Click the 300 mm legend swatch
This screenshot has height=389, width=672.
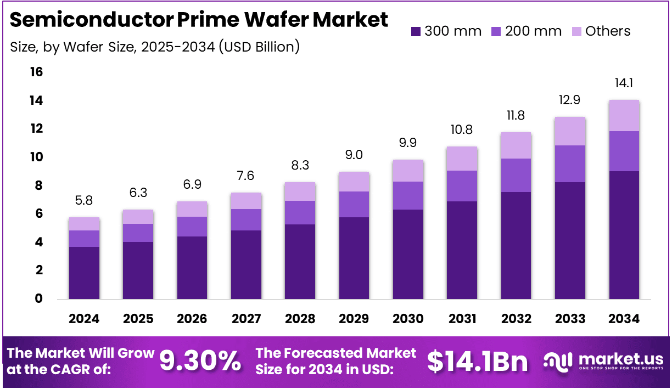pyautogui.click(x=416, y=31)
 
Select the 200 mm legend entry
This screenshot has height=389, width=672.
pyautogui.click(x=527, y=31)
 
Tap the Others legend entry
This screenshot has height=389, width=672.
pyautogui.click(x=601, y=31)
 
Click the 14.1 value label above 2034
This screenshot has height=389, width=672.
pyautogui.click(x=623, y=83)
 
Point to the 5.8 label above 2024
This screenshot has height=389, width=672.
pyautogui.click(x=84, y=201)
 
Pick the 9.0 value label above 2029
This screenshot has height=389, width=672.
pyautogui.click(x=353, y=155)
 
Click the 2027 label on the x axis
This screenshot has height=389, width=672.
pyautogui.click(x=245, y=319)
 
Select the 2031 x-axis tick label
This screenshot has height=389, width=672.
pyautogui.click(x=461, y=319)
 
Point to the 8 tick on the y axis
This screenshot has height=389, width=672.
pyautogui.click(x=39, y=185)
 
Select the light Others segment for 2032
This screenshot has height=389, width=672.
pyautogui.click(x=515, y=145)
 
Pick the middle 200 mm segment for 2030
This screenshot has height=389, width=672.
pyautogui.click(x=407, y=195)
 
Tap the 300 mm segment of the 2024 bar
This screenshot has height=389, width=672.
pyautogui.click(x=84, y=273)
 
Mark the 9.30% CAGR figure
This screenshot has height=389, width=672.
pyautogui.click(x=200, y=360)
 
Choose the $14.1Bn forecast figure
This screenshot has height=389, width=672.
pyautogui.click(x=477, y=360)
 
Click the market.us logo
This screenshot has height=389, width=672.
pyautogui.click(x=603, y=360)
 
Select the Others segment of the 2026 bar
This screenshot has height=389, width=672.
pyautogui.click(x=192, y=209)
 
